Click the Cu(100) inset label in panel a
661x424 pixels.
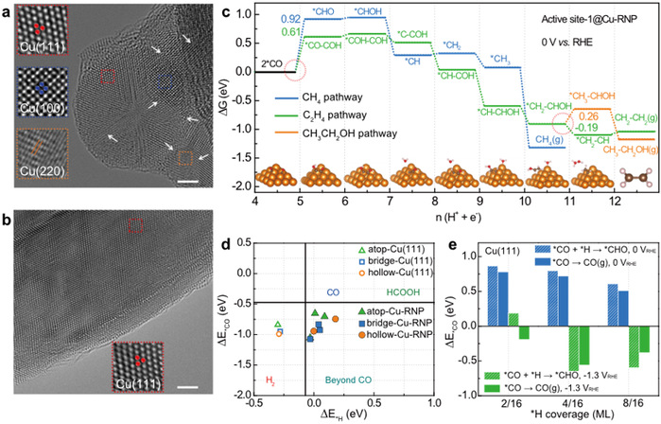(x=38, y=105)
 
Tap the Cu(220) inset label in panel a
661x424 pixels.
(x=38, y=166)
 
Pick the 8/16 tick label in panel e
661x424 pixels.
(x=617, y=400)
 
